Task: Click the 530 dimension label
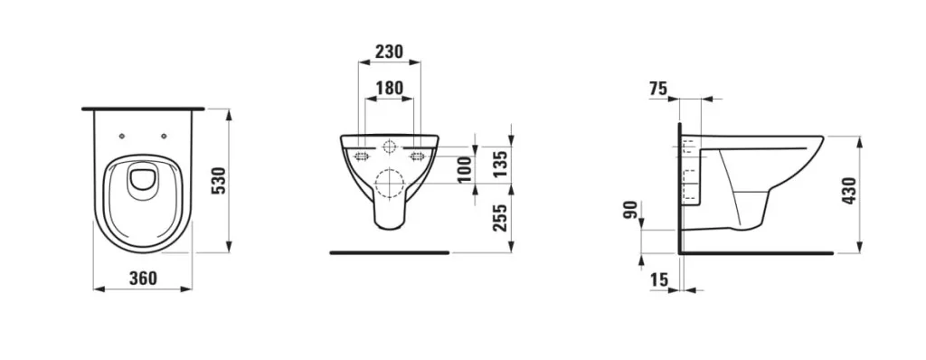[219, 182]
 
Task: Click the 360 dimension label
[144, 278]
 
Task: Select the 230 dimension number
[389, 52]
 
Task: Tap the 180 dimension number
[389, 89]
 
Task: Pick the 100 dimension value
[466, 169]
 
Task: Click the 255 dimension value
[500, 218]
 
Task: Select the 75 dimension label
[658, 89]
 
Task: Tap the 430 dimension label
[850, 191]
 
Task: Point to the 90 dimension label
[630, 210]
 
